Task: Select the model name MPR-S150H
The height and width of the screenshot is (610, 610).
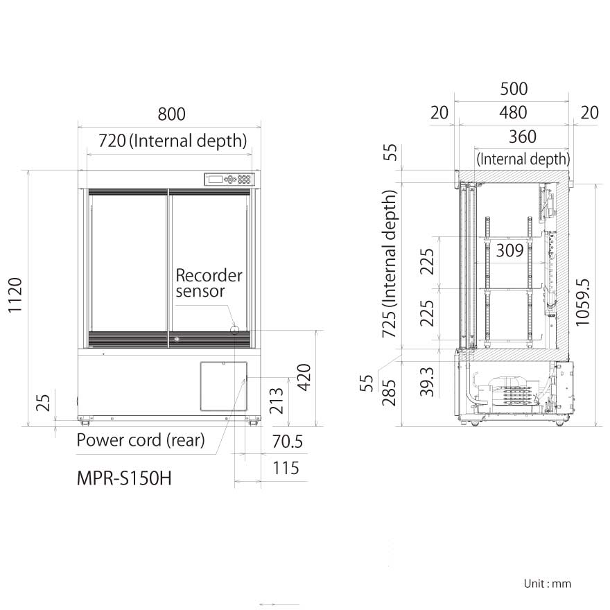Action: tap(123, 478)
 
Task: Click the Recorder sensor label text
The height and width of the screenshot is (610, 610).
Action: tap(208, 283)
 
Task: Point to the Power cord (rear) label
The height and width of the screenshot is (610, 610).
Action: tap(140, 440)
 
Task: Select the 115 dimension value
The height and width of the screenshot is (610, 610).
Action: tap(285, 468)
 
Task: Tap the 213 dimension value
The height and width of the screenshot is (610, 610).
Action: tap(277, 400)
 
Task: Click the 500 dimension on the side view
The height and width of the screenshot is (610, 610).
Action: tap(514, 89)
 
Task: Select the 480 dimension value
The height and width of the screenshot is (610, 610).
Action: tap(513, 112)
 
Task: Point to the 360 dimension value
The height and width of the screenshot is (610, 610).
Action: tap(522, 137)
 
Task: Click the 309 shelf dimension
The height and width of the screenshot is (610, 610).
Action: tap(509, 251)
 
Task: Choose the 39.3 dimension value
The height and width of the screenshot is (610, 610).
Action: tap(428, 381)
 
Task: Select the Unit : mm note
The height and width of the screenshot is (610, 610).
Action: tap(548, 584)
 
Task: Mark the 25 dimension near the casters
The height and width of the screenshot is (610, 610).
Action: tap(44, 401)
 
